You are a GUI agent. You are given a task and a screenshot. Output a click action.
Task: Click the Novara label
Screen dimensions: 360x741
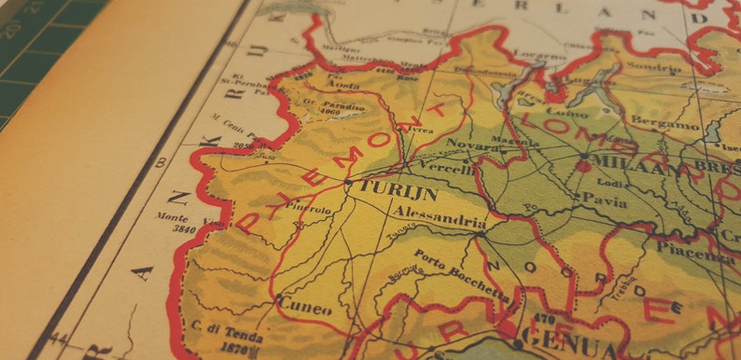[x=467, y=144]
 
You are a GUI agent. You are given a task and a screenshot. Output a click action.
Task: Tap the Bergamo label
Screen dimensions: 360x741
[x=664, y=123]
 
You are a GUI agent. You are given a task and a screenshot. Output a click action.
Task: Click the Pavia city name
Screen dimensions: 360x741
[x=604, y=198]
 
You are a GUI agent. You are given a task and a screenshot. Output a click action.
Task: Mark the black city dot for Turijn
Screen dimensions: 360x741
[x=347, y=184]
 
